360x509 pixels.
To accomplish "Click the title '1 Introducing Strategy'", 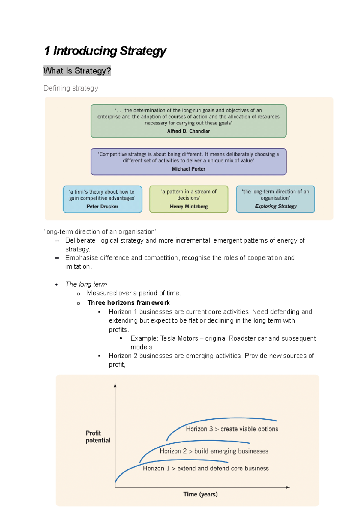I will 105,51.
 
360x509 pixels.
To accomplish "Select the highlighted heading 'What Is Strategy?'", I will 77,71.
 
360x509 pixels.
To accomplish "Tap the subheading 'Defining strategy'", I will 71,88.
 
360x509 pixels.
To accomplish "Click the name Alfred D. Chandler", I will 188,131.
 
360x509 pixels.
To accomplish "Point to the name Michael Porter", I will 188,169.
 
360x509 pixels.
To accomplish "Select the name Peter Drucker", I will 102,207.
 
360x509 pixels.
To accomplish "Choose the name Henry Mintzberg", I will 189,207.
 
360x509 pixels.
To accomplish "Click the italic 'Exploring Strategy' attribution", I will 276,206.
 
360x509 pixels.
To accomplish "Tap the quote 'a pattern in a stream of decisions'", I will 189,195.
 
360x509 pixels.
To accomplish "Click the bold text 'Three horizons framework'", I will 128,303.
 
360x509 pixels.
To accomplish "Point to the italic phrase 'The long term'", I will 86,284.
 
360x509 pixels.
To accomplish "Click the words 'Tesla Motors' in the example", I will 179,338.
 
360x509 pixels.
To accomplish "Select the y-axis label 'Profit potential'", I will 98,437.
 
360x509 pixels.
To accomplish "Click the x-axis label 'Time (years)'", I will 200,494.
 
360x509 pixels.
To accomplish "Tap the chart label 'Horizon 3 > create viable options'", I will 232,429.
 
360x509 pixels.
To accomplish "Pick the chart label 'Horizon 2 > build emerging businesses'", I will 214,451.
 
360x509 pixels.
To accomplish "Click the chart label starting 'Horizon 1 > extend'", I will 206,468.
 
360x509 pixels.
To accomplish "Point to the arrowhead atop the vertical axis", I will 115,385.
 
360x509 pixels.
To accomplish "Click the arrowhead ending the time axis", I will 288,487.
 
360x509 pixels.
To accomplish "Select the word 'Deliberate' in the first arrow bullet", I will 80,240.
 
